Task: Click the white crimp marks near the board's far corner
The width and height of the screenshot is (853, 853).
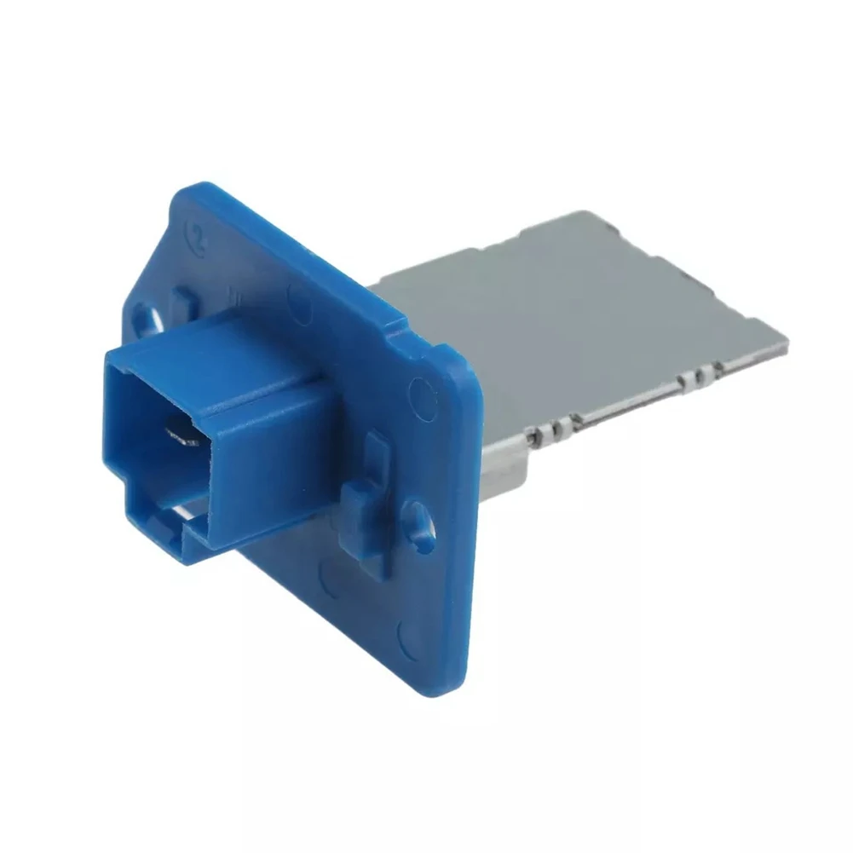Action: pyautogui.click(x=699, y=372)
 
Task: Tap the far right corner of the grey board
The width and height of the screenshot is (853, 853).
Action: pyautogui.click(x=786, y=344)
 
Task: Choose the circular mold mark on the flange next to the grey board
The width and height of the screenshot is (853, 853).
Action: pyautogui.click(x=420, y=392)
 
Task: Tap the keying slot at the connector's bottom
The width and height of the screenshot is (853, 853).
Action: pyautogui.click(x=183, y=516)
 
